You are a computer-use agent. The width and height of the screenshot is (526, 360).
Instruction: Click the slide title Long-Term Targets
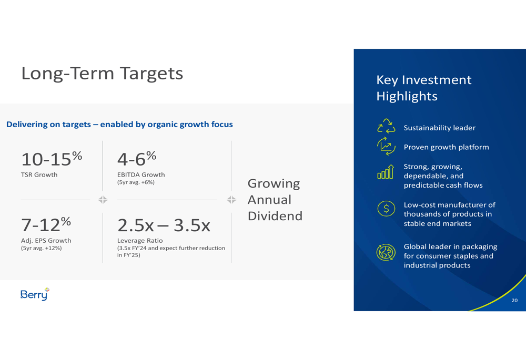pyautogui.click(x=102, y=74)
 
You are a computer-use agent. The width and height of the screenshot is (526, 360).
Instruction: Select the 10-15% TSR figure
pyautogui.click(x=52, y=159)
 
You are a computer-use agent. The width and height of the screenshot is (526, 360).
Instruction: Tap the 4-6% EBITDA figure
pyautogui.click(x=137, y=159)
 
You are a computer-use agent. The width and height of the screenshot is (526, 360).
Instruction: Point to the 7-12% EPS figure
pyautogui.click(x=46, y=224)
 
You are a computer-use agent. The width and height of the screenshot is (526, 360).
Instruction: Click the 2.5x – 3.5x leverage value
pyautogui.click(x=164, y=225)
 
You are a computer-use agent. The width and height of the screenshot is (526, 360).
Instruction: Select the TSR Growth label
pyautogui.click(x=39, y=174)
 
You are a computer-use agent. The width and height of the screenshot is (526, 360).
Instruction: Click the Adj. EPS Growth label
pyautogui.click(x=46, y=241)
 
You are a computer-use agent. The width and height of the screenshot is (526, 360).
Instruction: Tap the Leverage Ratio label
pyautogui.click(x=140, y=241)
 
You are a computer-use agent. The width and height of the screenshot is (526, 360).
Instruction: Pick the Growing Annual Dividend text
pyautogui.click(x=275, y=199)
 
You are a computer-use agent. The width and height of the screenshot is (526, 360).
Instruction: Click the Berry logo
pyautogui.click(x=35, y=294)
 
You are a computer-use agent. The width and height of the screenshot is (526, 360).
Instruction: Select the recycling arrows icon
pyautogui.click(x=386, y=126)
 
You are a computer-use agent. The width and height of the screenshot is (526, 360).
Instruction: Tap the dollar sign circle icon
pyautogui.click(x=386, y=209)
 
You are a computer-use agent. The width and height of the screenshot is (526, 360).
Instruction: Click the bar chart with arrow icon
pyautogui.click(x=386, y=172)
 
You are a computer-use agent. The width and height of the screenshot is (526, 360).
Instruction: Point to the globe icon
pyautogui.click(x=386, y=252)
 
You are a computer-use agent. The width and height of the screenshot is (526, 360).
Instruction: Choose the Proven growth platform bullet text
pyautogui.click(x=446, y=147)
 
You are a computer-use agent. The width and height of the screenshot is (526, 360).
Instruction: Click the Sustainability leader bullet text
pyautogui.click(x=439, y=128)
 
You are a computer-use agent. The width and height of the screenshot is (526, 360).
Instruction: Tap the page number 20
pyautogui.click(x=514, y=300)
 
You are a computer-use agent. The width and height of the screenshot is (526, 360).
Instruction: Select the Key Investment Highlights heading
pyautogui.click(x=423, y=88)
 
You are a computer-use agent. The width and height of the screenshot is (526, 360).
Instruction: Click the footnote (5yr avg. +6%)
pyautogui.click(x=136, y=182)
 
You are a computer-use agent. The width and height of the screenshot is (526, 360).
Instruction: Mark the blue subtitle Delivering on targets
pyautogui.click(x=119, y=125)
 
